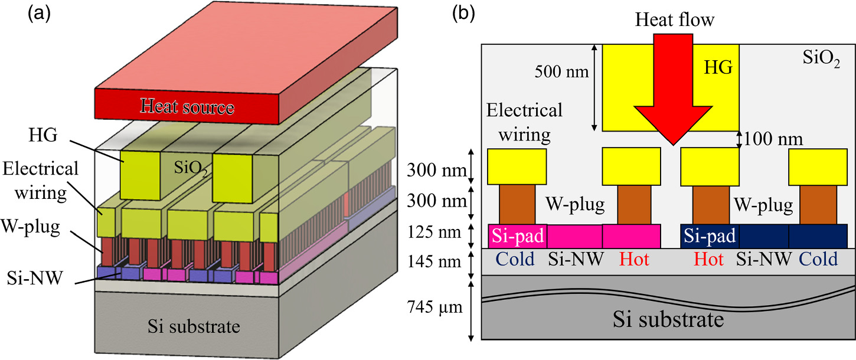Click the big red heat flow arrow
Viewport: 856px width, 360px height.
tap(672, 94)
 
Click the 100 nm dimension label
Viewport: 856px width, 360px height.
tap(773, 140)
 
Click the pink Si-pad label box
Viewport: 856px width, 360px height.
tap(517, 236)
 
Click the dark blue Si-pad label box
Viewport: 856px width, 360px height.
tap(710, 236)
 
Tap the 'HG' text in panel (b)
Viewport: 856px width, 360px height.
tap(718, 68)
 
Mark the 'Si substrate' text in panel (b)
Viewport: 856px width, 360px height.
tap(668, 319)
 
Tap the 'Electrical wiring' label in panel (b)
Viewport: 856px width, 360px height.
tap(524, 123)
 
